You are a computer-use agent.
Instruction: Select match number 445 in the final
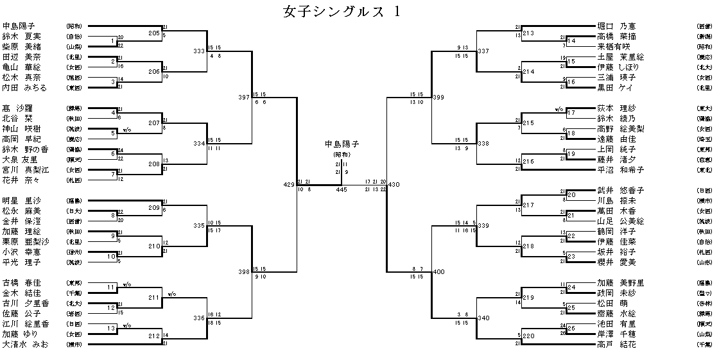coord(341,189)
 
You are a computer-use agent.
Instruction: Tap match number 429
coord(289,185)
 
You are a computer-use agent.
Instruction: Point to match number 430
coord(394,185)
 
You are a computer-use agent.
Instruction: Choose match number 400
coord(439,272)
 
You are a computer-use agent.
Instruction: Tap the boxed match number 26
coord(571,329)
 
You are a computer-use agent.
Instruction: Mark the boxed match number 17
coord(571,113)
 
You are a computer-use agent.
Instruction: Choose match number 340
coord(483,318)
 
